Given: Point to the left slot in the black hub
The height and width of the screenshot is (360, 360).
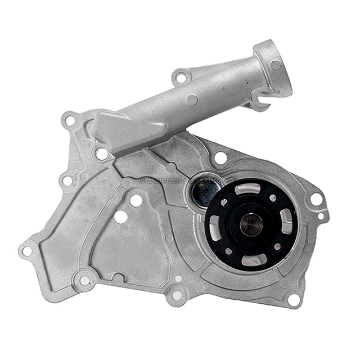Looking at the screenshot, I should point(216,228).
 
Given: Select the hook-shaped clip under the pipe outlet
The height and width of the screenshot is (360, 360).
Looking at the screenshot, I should point(260,101).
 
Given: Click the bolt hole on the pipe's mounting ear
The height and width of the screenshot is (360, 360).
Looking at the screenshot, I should point(181,76).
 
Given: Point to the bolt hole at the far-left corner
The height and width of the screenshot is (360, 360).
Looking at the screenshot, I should point(27,251).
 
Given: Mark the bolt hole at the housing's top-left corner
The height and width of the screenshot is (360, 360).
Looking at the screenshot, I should point(70,120).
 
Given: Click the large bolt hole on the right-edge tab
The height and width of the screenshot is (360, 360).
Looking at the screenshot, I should point(316,199).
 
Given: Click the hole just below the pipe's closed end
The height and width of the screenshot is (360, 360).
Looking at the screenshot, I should point(102,153).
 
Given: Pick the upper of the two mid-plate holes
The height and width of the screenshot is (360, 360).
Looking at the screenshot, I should point(136,200).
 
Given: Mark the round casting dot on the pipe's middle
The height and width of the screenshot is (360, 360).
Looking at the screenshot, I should point(192,100).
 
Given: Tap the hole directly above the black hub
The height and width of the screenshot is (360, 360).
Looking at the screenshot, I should point(220,157).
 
